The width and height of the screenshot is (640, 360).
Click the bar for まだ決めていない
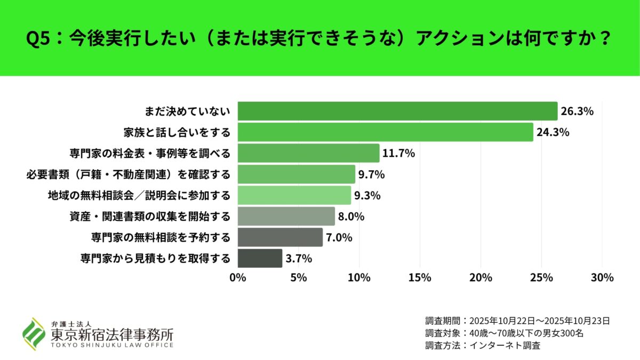397,111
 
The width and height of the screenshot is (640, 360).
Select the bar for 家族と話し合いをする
385,132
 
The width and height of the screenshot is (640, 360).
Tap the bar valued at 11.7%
308,153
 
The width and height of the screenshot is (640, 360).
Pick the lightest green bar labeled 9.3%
294,195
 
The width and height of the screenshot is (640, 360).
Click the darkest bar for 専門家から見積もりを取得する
260,258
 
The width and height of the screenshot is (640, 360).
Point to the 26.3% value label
577,111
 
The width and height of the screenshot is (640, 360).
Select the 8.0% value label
353,217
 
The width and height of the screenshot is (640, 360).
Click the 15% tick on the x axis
420,278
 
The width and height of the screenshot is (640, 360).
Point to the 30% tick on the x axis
602,278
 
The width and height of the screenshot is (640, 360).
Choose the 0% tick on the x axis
237,278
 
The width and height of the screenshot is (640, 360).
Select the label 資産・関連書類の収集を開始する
150,217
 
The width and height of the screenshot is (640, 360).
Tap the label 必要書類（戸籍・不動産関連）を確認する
128,174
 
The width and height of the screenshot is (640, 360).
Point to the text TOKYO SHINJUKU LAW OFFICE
112,345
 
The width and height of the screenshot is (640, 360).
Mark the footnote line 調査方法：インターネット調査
483,345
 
